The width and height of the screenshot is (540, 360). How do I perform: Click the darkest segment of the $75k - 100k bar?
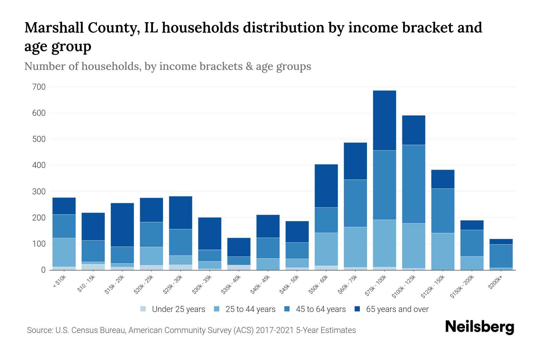coord(384,120)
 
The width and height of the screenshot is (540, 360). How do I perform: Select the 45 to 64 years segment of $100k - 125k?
coord(413,184)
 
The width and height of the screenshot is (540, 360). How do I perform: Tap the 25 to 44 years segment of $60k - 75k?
coord(355,247)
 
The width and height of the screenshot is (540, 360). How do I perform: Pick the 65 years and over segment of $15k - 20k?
coord(122,225)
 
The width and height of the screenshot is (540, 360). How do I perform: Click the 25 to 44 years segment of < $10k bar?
coord(64,252)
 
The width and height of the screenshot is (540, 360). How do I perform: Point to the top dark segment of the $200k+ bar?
coord(501,241)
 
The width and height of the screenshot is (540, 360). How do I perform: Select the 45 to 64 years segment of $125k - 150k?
coord(442,211)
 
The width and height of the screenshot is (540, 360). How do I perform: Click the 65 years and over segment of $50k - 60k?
coord(326,186)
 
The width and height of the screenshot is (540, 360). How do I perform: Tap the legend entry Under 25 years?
coord(178,309)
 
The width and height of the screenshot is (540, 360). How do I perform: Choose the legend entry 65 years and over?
coord(397,309)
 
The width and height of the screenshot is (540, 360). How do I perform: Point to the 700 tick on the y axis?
coord(39,87)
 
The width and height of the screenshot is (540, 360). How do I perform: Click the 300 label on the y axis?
coord(39,192)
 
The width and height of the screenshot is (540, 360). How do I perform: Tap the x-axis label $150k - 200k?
coord(462,286)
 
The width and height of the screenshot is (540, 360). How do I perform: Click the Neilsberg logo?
coord(479,327)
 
